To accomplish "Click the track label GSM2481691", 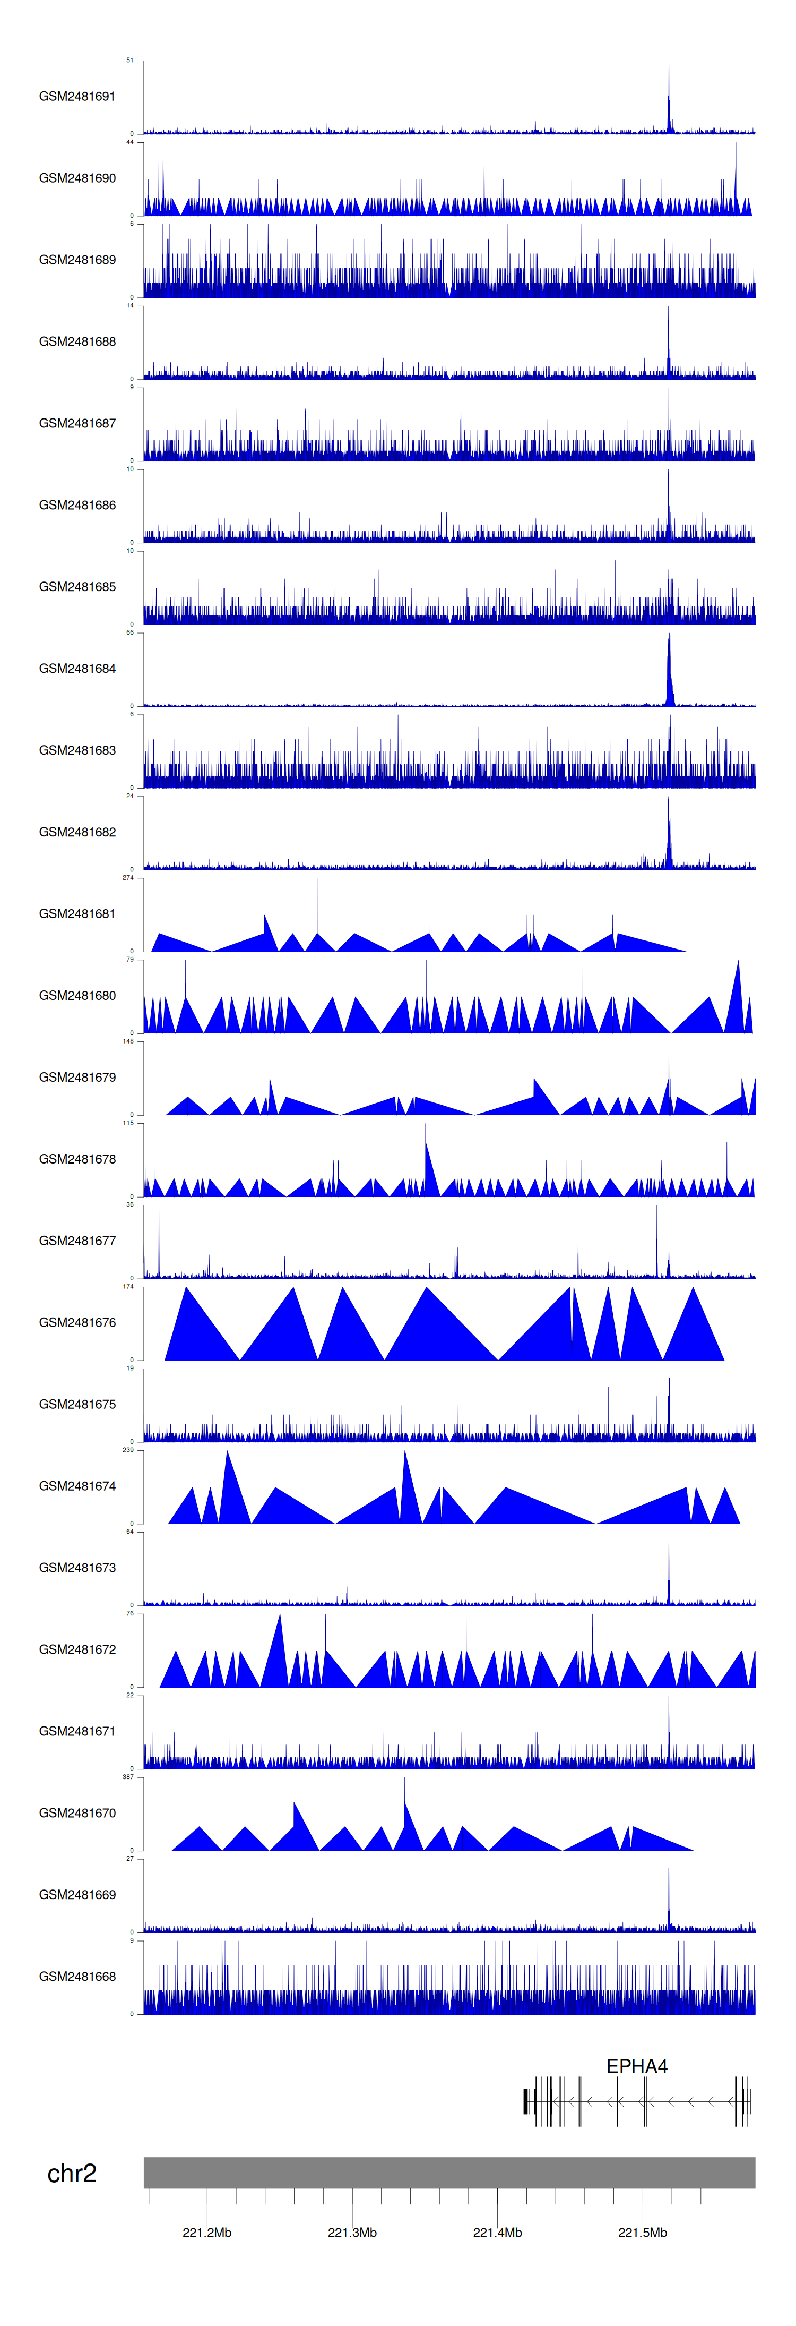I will (77, 97).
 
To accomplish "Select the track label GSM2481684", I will (77, 668).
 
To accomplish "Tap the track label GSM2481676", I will (77, 1322).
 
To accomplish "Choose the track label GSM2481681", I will (77, 914).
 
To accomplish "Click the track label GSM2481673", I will (77, 1568).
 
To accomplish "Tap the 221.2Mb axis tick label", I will (206, 2232).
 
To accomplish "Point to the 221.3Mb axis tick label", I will (352, 2232).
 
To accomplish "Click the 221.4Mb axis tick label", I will (497, 2232).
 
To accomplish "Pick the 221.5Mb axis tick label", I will (643, 2232).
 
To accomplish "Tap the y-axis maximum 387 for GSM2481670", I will (128, 1777).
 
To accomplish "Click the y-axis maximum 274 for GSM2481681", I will (128, 878).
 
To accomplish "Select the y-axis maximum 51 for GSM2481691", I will (129, 61).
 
